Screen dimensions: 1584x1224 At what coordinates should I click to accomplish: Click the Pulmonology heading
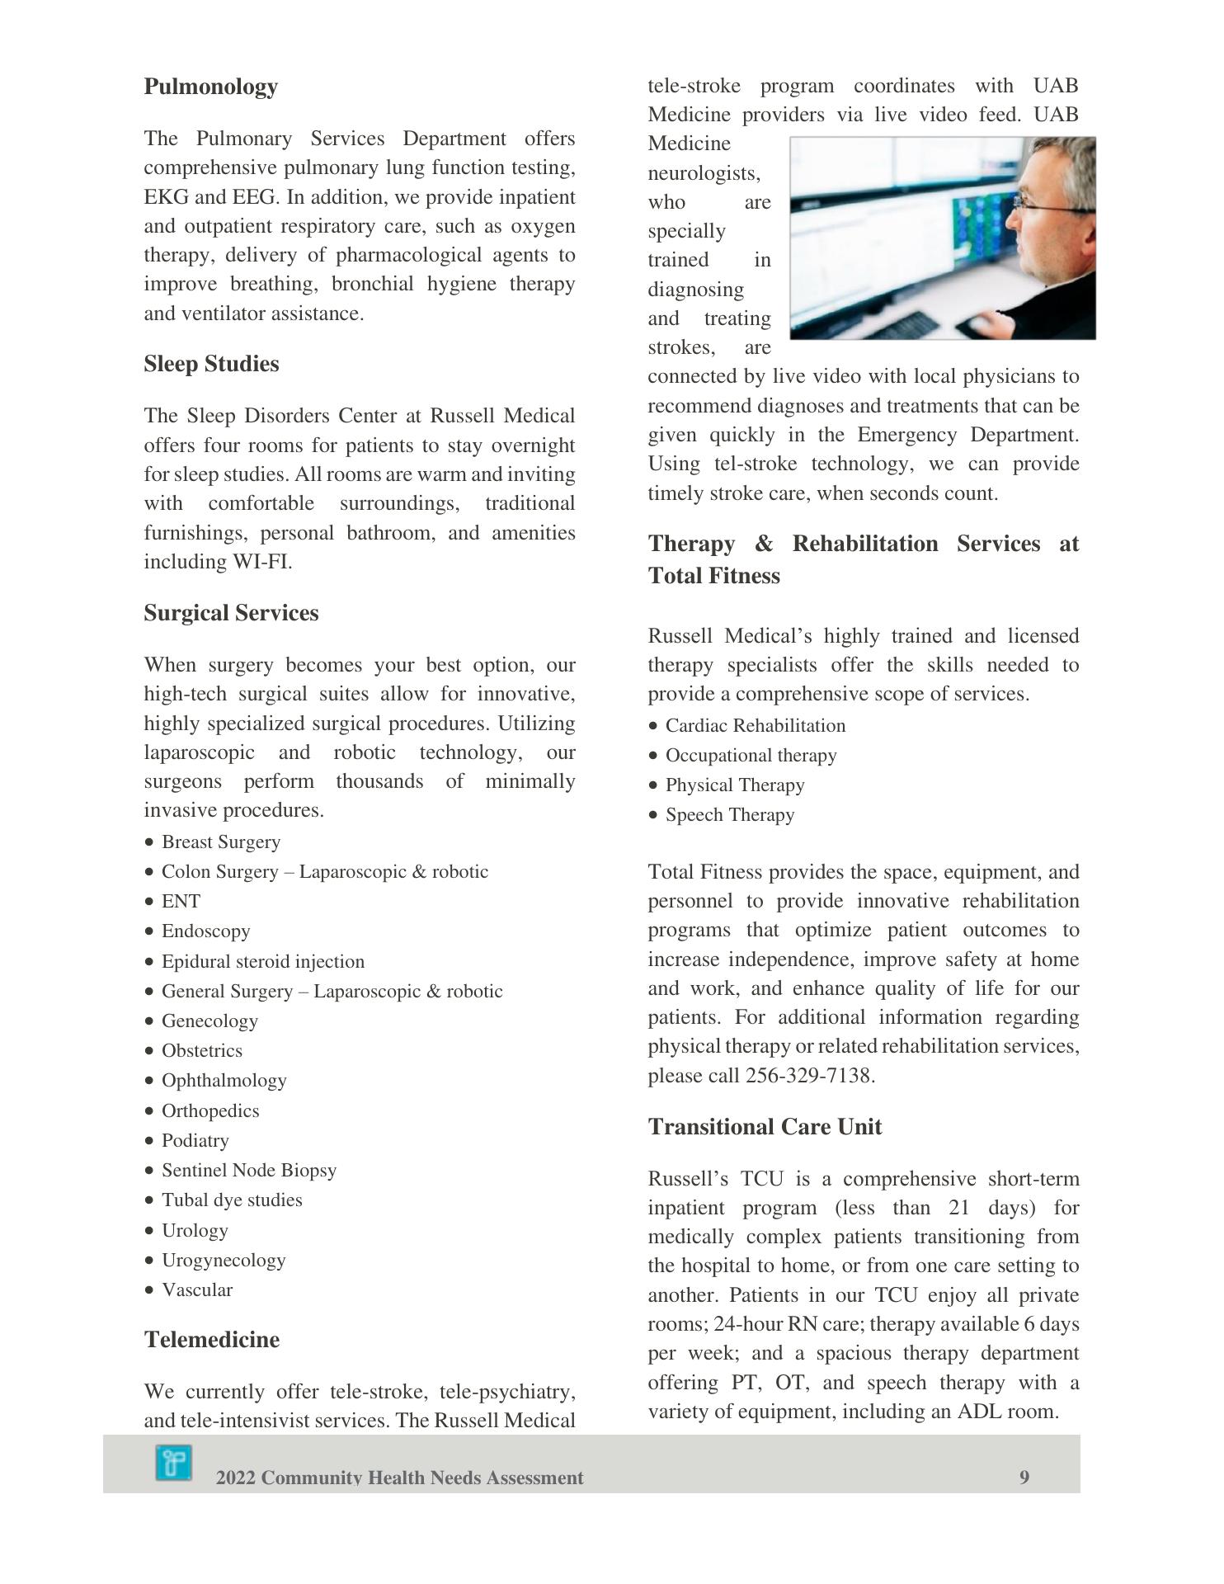(210, 87)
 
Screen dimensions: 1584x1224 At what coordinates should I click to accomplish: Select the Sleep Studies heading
(211, 364)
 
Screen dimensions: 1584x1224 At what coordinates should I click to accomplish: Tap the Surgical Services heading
(231, 613)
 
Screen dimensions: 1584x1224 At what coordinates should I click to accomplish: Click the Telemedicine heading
(212, 1339)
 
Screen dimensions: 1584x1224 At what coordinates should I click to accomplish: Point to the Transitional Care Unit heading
(765, 1127)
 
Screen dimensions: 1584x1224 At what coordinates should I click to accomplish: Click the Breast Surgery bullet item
(221, 841)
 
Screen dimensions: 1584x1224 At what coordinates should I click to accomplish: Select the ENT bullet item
(181, 901)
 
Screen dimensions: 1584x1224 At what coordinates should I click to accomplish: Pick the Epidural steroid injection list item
(262, 961)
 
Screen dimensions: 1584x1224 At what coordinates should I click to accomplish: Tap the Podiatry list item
(195, 1140)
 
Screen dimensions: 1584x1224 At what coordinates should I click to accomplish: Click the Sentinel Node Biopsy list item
(248, 1170)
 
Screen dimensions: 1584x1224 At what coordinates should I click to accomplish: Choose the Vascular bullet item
(196, 1289)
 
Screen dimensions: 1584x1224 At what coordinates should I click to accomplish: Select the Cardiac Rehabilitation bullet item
(755, 725)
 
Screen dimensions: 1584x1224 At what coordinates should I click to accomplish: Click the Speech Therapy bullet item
(729, 814)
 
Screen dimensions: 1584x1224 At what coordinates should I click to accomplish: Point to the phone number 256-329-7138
(807, 1076)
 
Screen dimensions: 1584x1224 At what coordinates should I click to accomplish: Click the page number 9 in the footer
(1024, 1477)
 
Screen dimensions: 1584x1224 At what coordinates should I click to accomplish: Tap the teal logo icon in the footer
(173, 1463)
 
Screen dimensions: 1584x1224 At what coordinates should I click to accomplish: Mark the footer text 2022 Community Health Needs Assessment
(399, 1478)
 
